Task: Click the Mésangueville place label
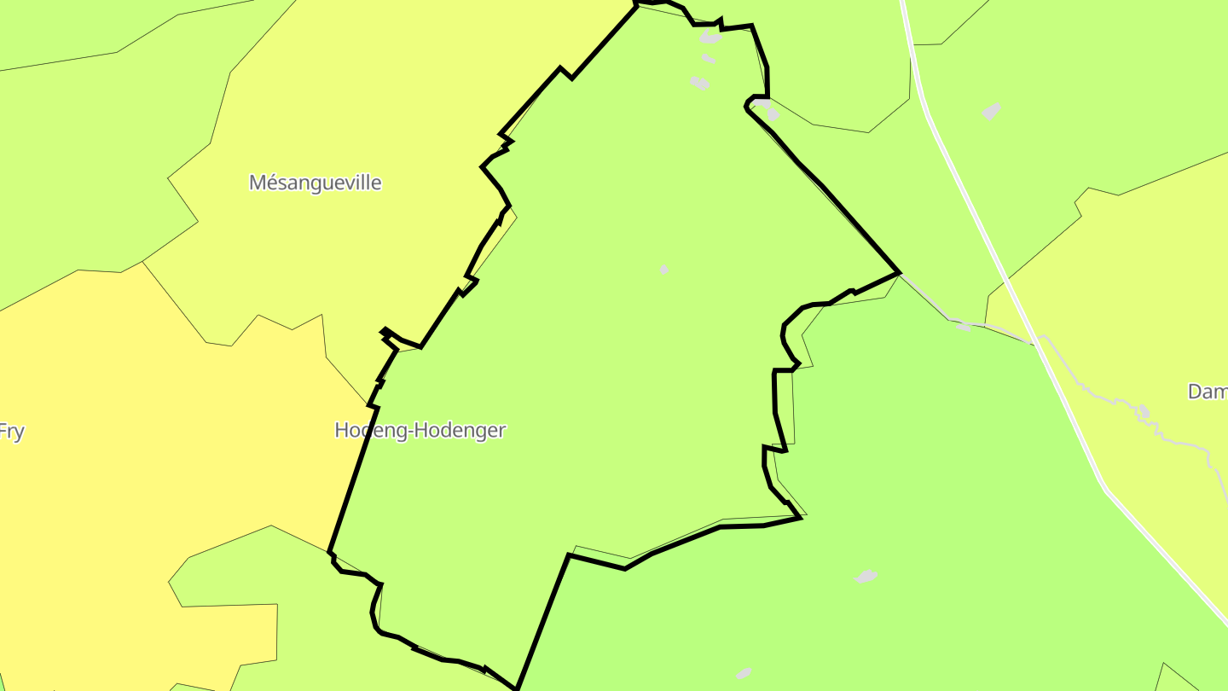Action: [x=315, y=183]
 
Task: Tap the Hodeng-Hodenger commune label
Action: [x=420, y=430]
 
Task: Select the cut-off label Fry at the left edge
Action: [x=11, y=432]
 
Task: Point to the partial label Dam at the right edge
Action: [x=1208, y=392]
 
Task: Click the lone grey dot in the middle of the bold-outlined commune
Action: [x=663, y=270]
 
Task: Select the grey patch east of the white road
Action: [x=991, y=111]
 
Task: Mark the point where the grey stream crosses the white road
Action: [x=1036, y=341]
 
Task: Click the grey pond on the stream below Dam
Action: [x=1144, y=412]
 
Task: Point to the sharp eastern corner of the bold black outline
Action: [x=899, y=273]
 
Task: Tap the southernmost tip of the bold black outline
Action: [x=516, y=688]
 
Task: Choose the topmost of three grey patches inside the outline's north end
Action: [x=710, y=38]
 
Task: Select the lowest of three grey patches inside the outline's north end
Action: [x=700, y=83]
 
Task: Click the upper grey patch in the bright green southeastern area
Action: [x=866, y=577]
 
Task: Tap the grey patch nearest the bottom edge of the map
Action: [x=744, y=674]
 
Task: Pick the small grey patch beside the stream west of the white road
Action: [x=964, y=325]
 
